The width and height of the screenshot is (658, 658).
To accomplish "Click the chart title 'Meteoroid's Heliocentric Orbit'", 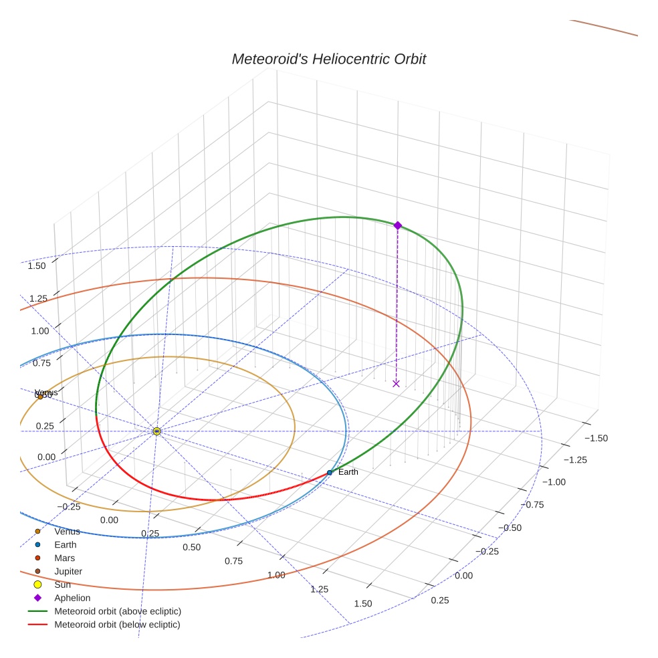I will [x=328, y=60].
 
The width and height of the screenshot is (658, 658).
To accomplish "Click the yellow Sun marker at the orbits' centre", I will [x=156, y=431].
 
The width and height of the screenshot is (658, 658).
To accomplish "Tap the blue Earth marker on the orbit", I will [x=329, y=472].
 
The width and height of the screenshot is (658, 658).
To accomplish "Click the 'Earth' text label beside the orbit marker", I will [x=348, y=472].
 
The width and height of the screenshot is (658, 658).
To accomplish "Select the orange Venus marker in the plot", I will [x=40, y=397].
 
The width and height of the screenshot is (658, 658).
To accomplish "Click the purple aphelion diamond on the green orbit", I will [x=397, y=225].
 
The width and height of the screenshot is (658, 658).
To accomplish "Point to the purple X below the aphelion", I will [x=396, y=383].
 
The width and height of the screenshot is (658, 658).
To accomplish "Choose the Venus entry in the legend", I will [x=67, y=532].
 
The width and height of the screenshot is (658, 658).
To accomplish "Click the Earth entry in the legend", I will [x=66, y=545].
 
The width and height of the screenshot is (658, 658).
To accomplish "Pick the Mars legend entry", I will [x=64, y=558].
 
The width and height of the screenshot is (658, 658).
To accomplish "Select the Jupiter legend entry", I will [x=68, y=572].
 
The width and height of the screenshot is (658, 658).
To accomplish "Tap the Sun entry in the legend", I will [x=62, y=584].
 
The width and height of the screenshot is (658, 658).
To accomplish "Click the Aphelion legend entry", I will [x=72, y=598].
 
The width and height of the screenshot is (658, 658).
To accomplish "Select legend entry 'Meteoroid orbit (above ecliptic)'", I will [x=118, y=611].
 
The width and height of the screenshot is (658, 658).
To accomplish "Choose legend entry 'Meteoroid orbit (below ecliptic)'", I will [x=118, y=625].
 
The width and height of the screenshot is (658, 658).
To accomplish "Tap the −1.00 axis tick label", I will [x=553, y=482].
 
